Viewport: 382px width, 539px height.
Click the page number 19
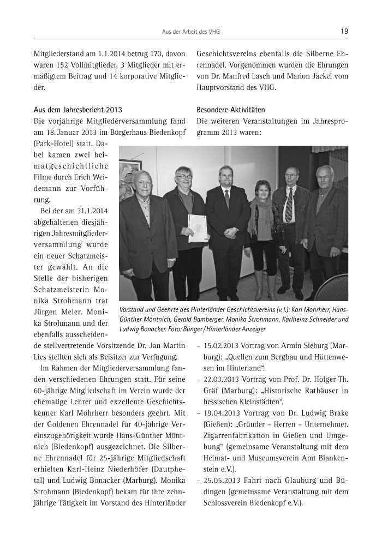[x=344, y=32]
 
